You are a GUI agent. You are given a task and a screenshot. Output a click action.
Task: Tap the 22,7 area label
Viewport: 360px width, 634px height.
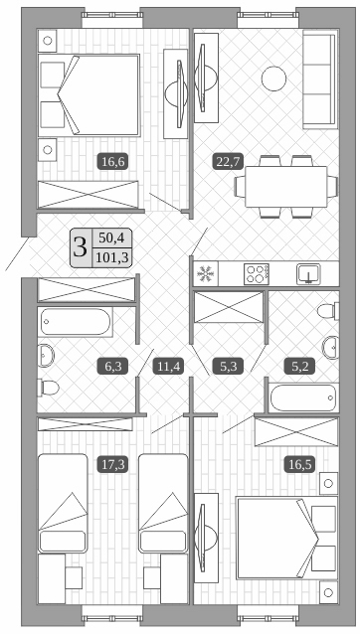pos(228,159)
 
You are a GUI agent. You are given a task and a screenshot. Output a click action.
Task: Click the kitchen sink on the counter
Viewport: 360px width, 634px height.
pos(309,273)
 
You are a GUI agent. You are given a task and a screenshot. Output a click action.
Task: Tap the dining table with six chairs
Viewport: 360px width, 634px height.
pos(285,186)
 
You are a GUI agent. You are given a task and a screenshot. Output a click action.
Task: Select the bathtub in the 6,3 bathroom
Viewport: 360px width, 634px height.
pos(77,322)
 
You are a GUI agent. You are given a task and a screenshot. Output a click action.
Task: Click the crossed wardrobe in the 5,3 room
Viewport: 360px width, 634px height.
pos(228,308)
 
